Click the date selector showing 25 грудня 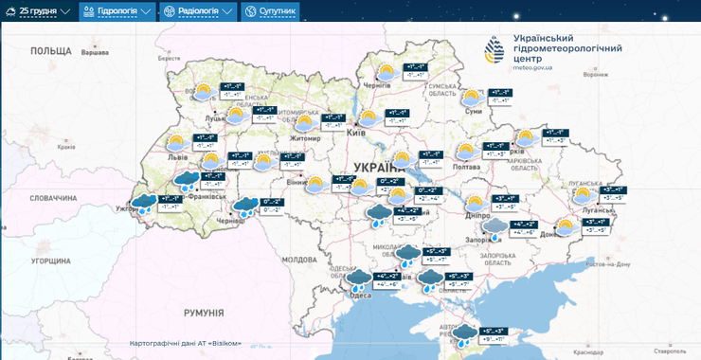tap(45, 11)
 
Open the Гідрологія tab tap(117, 11)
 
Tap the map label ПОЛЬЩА tap(51, 51)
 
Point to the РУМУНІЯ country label tap(203, 312)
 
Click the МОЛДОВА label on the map tap(299, 259)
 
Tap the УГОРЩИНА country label tap(50, 260)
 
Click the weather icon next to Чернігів tap(386, 72)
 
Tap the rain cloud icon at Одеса tap(360, 279)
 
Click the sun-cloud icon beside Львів tap(175, 143)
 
